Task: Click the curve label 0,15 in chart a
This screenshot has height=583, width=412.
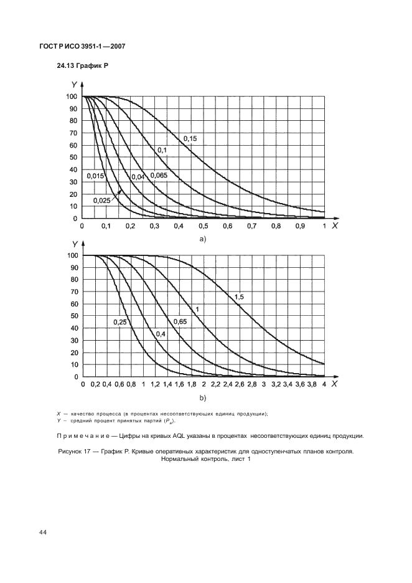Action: (x=189, y=138)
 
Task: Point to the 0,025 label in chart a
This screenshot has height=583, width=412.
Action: (x=102, y=200)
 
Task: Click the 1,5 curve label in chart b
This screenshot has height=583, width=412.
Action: (x=239, y=296)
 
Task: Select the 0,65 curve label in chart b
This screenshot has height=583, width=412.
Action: (x=179, y=321)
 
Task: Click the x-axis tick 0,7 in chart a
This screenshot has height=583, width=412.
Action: (x=251, y=226)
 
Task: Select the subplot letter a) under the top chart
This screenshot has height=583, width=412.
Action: (x=202, y=239)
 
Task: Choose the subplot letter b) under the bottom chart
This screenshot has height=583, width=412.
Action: (x=202, y=397)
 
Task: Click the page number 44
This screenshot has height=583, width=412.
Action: (x=42, y=532)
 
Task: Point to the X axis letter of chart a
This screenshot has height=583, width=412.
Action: (x=334, y=225)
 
